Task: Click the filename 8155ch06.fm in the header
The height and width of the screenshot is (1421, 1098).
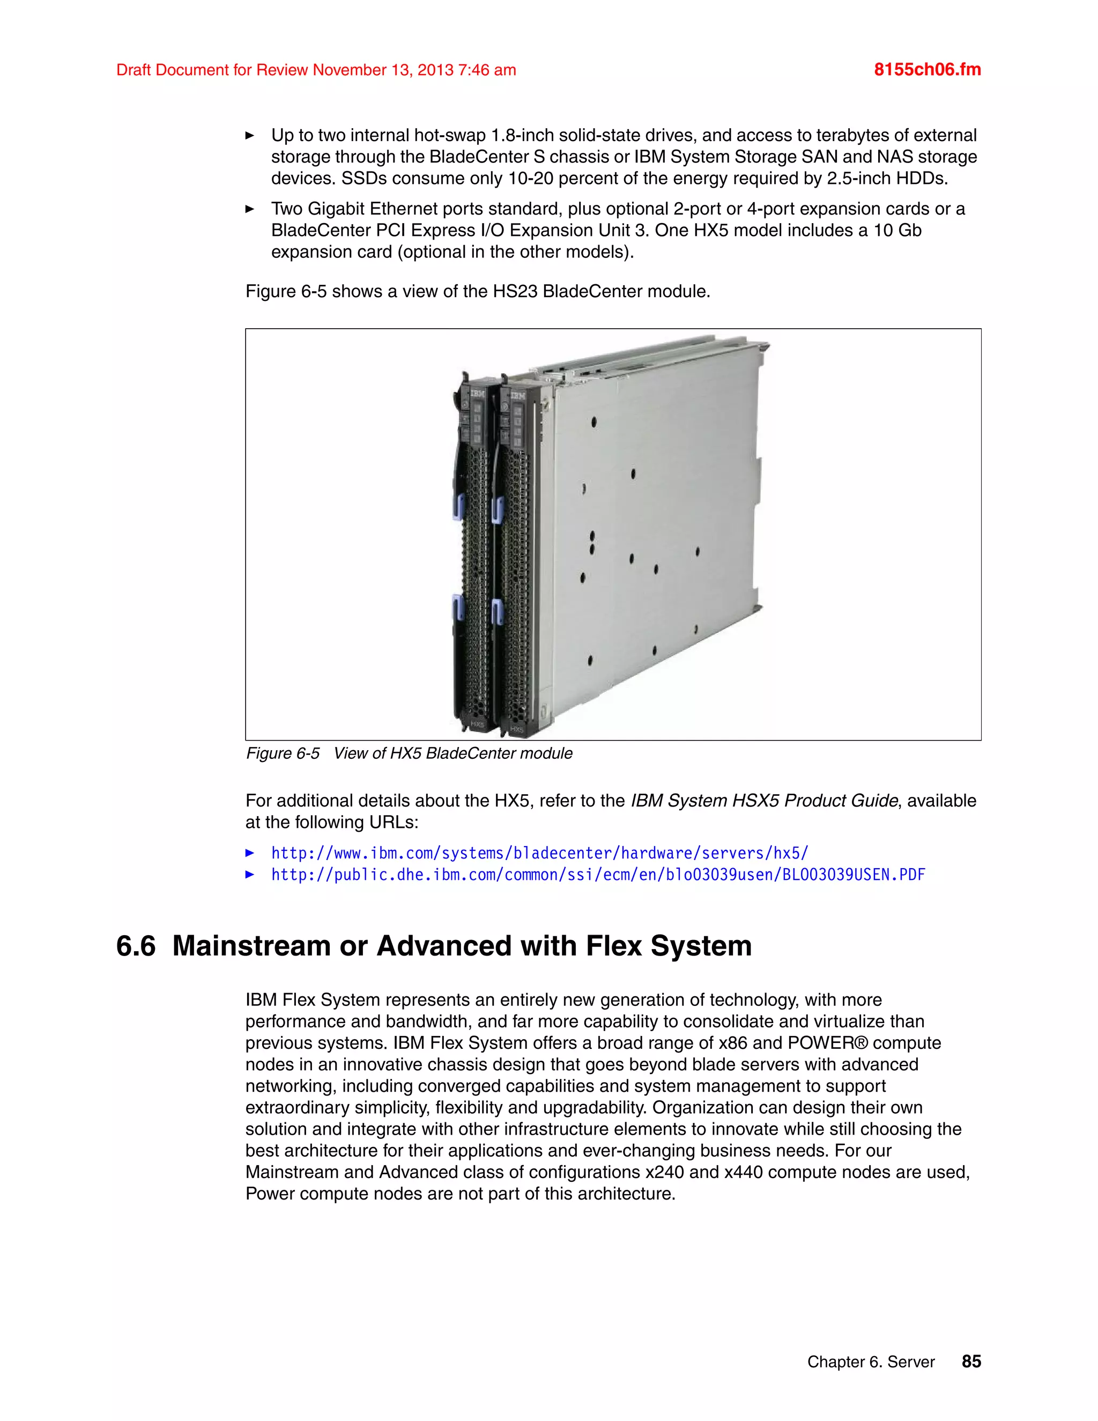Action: [x=927, y=70]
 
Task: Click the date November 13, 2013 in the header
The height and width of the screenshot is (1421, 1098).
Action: [x=382, y=70]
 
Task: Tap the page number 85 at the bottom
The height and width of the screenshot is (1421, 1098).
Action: [x=970, y=1361]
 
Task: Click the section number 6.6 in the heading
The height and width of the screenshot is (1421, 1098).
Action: [x=136, y=946]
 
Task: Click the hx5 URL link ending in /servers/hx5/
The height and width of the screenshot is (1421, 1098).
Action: [x=539, y=853]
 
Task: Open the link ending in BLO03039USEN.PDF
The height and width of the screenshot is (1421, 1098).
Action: [x=598, y=875]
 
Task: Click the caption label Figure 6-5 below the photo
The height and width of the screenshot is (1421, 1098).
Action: [x=283, y=753]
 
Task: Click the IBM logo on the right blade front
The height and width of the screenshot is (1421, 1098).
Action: [x=518, y=396]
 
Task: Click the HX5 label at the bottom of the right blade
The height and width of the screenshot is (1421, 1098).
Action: [x=517, y=729]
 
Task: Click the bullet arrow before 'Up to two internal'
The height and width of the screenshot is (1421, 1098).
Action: [x=249, y=135]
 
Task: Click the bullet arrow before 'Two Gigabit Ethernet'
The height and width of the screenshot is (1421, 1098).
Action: [x=249, y=209]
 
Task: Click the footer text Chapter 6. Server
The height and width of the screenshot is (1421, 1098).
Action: [x=870, y=1362]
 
